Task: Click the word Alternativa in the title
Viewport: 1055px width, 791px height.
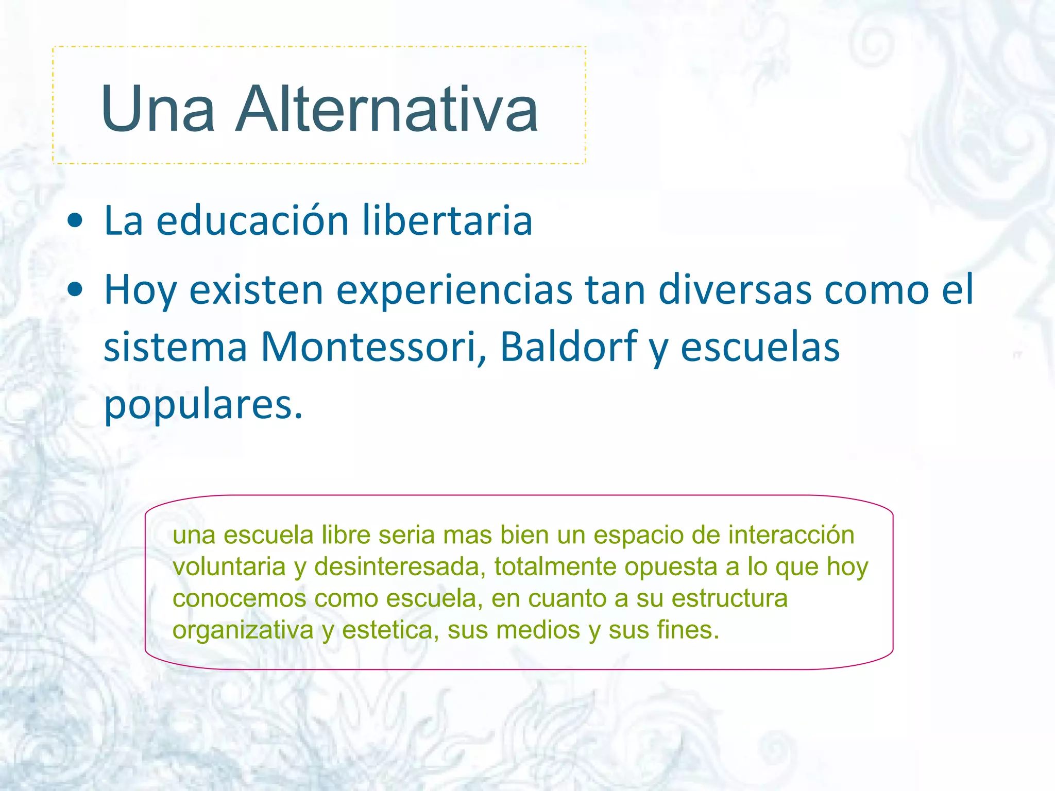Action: pos(386,109)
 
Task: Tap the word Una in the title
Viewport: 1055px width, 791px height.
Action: pos(158,109)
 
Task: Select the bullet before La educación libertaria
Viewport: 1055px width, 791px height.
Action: pos(75,221)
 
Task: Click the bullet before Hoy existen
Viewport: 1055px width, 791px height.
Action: pos(75,290)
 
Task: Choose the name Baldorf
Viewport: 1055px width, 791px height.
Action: pos(568,347)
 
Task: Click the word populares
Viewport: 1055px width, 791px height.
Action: pos(203,405)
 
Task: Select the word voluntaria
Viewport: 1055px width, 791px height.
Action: pos(229,567)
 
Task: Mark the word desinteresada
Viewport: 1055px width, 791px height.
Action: pos(400,567)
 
